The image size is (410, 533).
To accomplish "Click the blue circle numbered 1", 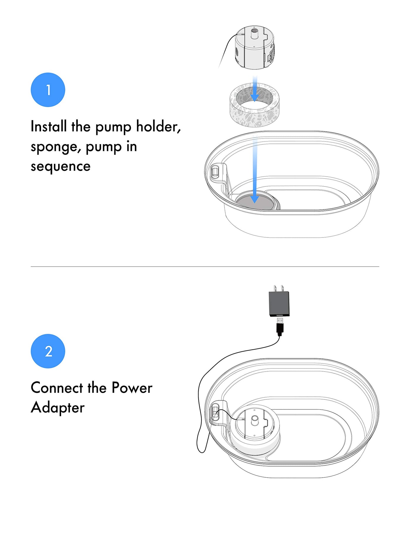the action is pyautogui.click(x=48, y=90).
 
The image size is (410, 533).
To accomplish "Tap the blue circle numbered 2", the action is pyautogui.click(x=48, y=351).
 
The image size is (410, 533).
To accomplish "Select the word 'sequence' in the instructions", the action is pyautogui.click(x=61, y=167).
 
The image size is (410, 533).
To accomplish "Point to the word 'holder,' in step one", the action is pyautogui.click(x=158, y=127).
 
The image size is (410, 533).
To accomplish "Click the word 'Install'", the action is pyautogui.click(x=49, y=127).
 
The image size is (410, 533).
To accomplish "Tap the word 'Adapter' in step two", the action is pyautogui.click(x=58, y=408).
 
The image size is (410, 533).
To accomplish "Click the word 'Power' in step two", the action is pyautogui.click(x=132, y=388).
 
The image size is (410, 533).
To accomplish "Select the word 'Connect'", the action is pyautogui.click(x=57, y=388).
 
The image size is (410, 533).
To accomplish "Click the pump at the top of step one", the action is pyautogui.click(x=255, y=47).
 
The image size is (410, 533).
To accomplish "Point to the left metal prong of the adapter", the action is pyautogui.click(x=275, y=288).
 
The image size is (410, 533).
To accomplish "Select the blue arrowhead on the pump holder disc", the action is pyautogui.click(x=255, y=199).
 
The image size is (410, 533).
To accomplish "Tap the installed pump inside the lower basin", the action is pyautogui.click(x=254, y=425).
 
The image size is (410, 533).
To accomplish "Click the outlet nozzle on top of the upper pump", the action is pyautogui.click(x=254, y=33).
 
